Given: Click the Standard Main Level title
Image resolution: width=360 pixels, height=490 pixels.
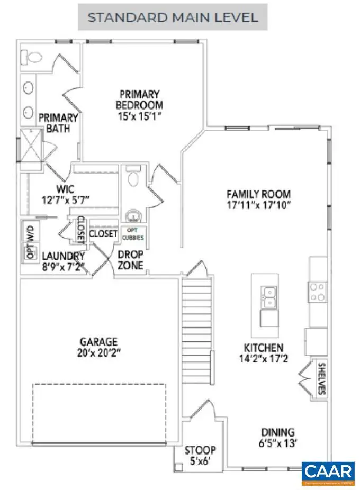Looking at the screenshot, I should click(173, 17).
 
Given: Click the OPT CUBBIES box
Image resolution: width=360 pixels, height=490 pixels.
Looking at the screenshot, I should click(133, 233).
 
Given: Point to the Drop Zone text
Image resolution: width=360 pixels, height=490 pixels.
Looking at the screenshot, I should click(131, 260).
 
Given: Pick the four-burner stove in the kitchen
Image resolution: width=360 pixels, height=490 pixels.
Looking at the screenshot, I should click(318, 291).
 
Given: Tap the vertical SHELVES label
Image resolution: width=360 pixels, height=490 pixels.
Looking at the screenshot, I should click(321, 379).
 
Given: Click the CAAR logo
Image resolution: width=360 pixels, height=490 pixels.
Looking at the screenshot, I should click(328, 473).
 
